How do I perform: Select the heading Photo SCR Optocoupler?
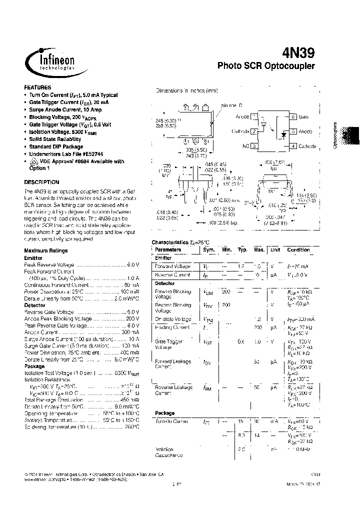[266, 66]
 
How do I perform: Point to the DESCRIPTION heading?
[41, 182]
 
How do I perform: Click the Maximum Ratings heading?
[45, 250]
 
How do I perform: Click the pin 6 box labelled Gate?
[293, 116]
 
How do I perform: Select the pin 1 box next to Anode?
[254, 116]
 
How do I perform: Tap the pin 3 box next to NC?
[254, 146]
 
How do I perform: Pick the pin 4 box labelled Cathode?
[293, 146]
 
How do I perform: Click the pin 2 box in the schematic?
[254, 131]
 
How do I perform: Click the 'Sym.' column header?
[208, 249]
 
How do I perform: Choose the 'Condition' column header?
[298, 249]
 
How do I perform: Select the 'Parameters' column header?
[168, 249]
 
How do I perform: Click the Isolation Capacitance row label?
[168, 452]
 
